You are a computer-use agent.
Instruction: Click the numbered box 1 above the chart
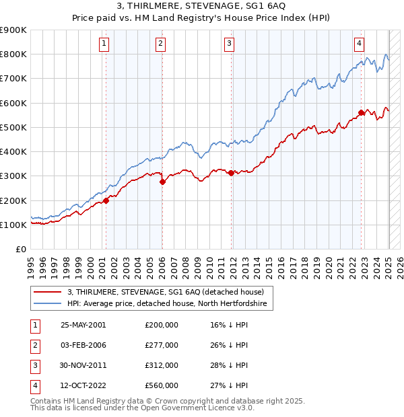point(105,44)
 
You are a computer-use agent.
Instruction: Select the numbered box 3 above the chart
point(230,44)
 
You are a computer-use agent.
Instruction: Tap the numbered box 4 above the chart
point(360,44)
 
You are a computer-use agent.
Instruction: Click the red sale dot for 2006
point(162,182)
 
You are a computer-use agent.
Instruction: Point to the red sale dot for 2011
point(231,173)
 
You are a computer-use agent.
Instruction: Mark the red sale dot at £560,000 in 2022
point(362,112)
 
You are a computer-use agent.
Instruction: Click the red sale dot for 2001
point(106,200)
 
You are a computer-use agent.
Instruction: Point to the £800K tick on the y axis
point(13,54)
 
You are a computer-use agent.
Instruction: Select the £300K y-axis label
point(13,176)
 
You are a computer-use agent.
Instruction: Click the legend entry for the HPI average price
point(167,304)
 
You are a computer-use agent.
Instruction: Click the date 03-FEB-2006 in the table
point(83,345)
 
